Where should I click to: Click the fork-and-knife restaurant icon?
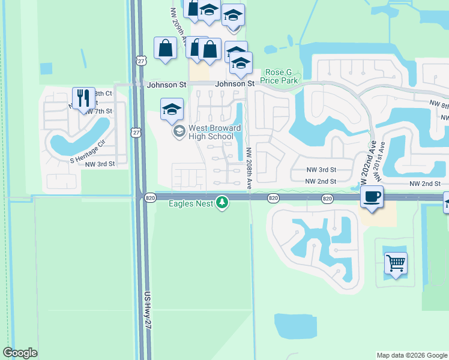[83, 97]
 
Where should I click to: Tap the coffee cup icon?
[372, 196]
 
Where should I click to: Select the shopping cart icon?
[396, 262]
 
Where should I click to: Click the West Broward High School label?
[211, 132]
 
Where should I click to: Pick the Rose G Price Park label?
[282, 76]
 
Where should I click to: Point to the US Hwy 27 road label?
[148, 308]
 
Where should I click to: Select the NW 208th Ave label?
[249, 165]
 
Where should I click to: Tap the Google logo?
[20, 353]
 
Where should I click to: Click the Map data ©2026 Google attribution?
[412, 355]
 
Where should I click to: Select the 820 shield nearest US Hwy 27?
[150, 197]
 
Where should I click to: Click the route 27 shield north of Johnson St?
[141, 61]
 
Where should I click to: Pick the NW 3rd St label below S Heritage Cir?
[99, 164]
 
